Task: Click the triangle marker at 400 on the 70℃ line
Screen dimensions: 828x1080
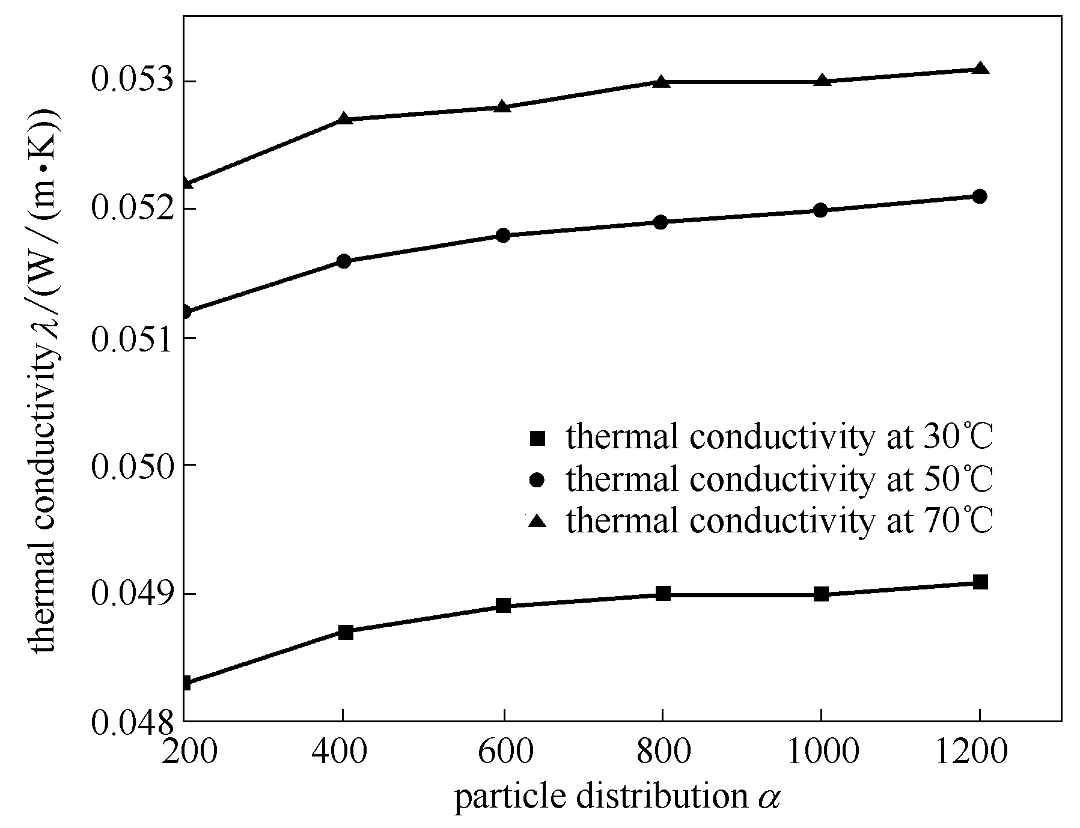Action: [x=344, y=118]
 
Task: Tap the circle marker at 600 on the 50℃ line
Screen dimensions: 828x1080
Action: [x=504, y=235]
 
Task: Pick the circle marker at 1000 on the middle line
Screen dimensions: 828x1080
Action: [x=820, y=210]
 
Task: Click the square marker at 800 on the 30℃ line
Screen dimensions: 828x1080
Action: [x=663, y=594]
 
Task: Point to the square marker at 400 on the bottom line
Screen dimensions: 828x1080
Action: [x=345, y=632]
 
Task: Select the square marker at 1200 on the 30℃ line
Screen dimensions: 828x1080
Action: [x=980, y=582]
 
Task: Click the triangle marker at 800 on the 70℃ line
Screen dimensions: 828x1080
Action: [x=662, y=81]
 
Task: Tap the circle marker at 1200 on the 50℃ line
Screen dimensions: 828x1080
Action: [x=980, y=196]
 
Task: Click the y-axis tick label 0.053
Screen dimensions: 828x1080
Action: [x=130, y=80]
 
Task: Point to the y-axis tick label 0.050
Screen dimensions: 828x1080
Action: [x=130, y=466]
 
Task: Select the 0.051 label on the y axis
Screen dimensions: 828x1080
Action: [x=130, y=338]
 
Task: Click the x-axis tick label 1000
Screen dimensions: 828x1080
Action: [x=822, y=752]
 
